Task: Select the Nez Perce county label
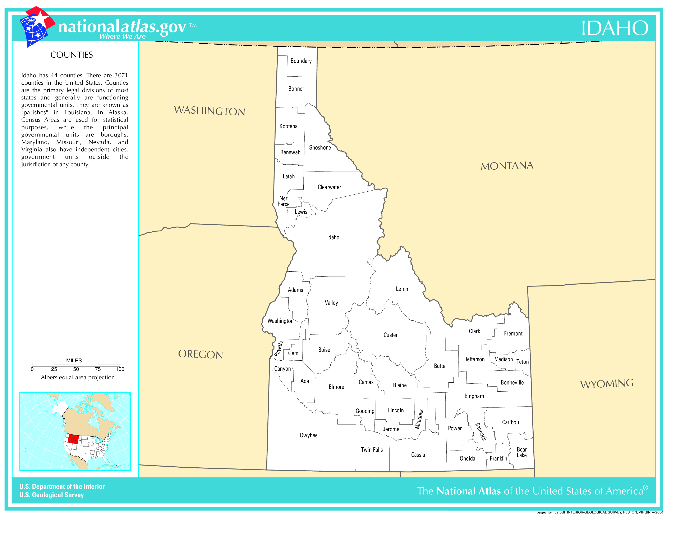[283, 201]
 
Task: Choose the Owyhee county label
[308, 435]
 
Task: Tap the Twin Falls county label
[372, 450]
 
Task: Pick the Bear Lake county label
[522, 452]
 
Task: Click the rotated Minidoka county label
[419, 419]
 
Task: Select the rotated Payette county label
[278, 349]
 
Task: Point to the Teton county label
[522, 362]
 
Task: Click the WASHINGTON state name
[210, 111]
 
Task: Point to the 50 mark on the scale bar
[76, 369]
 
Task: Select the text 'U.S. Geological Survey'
[51, 495]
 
